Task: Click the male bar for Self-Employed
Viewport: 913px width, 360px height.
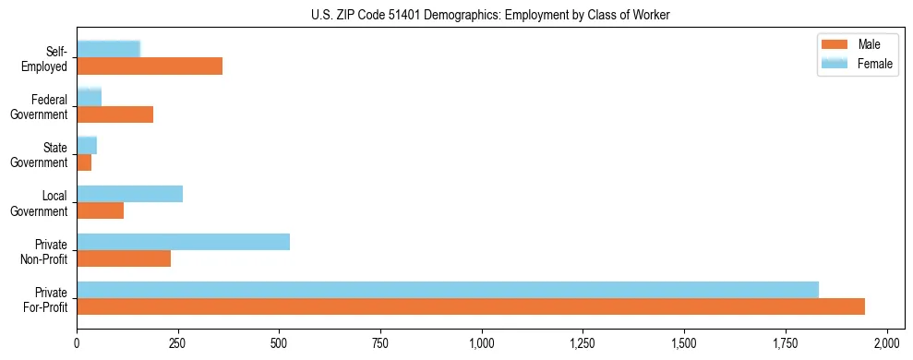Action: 150,66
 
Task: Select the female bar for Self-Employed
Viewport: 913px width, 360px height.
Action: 109,49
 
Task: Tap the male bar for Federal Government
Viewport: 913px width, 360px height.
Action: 115,114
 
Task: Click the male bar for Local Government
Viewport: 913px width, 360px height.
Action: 101,210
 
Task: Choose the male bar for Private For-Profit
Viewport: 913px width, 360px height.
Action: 471,306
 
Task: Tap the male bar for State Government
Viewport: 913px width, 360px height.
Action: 84,162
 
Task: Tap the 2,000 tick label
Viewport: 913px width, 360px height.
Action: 886,343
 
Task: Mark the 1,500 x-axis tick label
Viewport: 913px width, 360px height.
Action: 684,343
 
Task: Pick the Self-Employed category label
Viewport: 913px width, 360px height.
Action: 50,59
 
